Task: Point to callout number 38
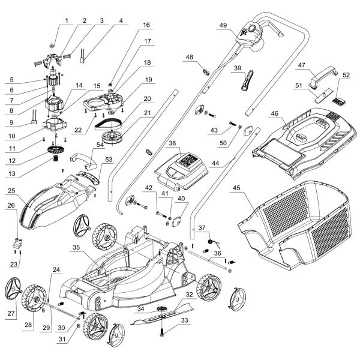point(172,144)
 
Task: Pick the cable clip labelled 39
point(248,78)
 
